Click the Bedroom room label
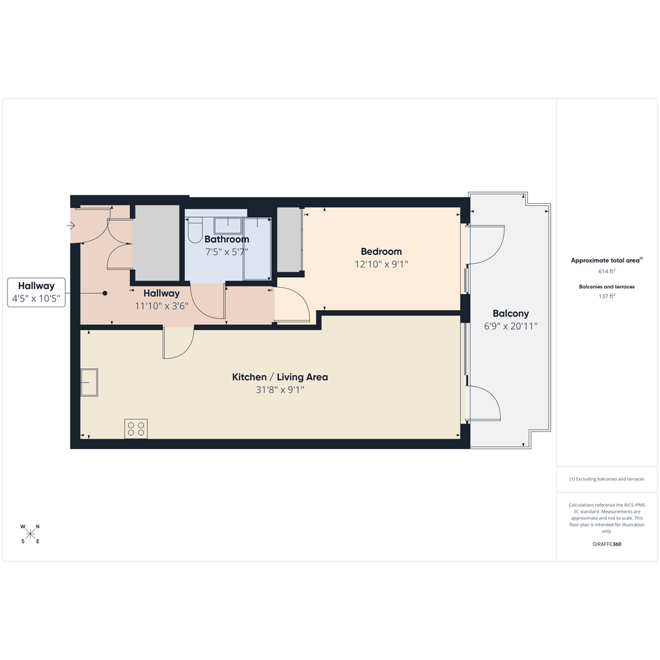[x=381, y=251]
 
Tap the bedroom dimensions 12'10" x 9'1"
[x=381, y=264]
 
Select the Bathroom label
[x=227, y=240]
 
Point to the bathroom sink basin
[x=228, y=226]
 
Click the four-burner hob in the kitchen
[x=136, y=429]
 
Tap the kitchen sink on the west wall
[x=89, y=383]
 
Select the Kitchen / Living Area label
[x=280, y=377]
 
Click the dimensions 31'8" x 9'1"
[x=280, y=390]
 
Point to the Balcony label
[x=511, y=314]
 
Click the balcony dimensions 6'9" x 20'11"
[x=511, y=326]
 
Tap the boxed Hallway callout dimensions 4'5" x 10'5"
[x=36, y=299]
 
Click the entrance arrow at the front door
[x=71, y=226]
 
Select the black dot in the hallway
[x=105, y=293]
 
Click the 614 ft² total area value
[x=607, y=272]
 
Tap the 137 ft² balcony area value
[x=607, y=296]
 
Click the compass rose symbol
[x=30, y=534]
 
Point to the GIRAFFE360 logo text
[x=607, y=544]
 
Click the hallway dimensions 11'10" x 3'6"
[x=161, y=306]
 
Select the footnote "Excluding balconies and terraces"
[x=610, y=479]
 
